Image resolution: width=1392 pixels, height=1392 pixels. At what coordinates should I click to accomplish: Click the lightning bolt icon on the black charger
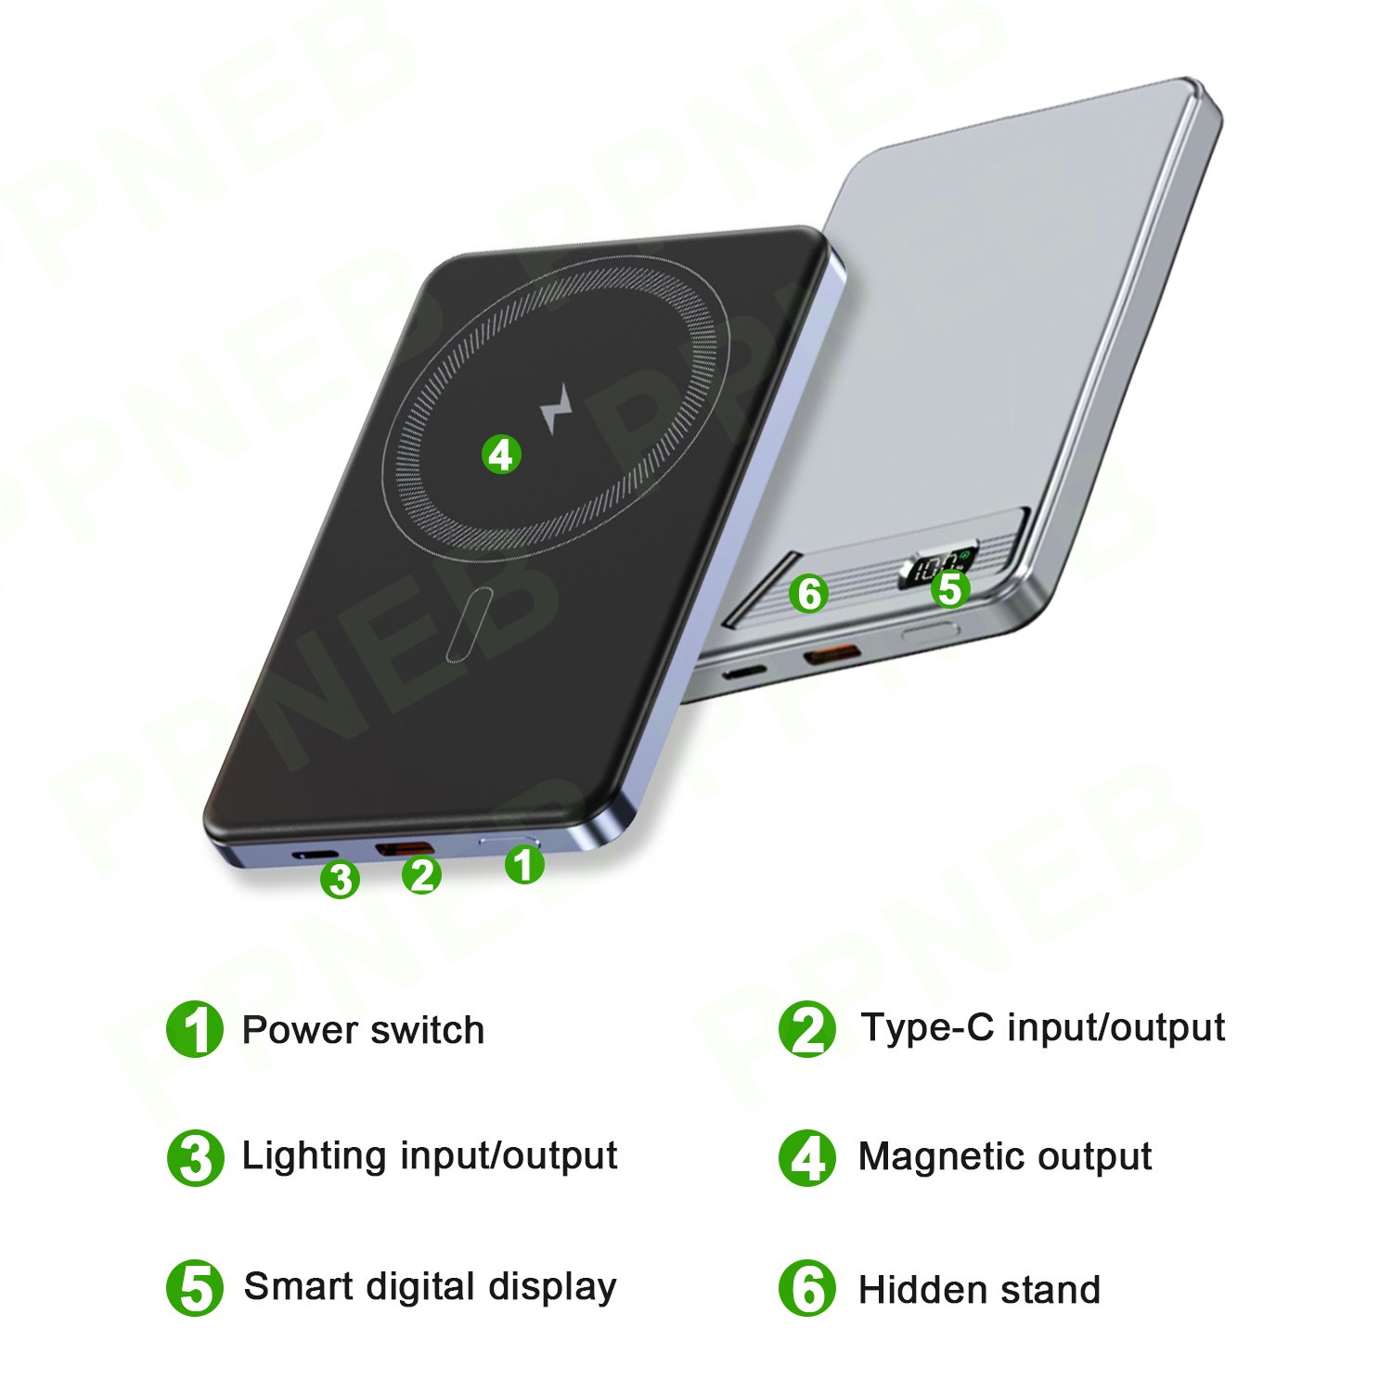point(556,408)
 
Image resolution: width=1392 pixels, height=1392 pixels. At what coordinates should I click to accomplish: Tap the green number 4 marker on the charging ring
point(501,455)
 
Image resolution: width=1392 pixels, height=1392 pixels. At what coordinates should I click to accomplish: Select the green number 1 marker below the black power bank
point(524,864)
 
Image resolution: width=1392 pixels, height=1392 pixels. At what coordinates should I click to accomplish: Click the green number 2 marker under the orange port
point(422,874)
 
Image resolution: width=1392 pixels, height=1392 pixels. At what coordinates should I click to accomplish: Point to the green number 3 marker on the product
point(340,879)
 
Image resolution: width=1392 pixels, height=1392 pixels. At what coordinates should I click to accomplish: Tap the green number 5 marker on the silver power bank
point(950,588)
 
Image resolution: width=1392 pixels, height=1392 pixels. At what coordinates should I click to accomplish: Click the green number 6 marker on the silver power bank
point(809,594)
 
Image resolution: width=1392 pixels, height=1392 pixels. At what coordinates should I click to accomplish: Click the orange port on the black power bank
point(404,848)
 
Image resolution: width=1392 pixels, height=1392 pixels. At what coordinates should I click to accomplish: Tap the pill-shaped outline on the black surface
point(470,625)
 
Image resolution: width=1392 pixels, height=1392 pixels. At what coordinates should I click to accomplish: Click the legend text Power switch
point(363,1030)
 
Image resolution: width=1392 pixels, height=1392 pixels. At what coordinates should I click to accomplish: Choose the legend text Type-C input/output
point(1043,1028)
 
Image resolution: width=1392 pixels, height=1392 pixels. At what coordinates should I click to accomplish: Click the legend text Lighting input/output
point(430,1156)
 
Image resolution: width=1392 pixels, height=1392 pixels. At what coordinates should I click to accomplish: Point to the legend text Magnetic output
point(1005,1157)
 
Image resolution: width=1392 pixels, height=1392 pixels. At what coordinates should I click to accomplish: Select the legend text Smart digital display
point(430,1288)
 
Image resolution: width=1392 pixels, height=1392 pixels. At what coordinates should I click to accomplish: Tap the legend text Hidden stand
point(980,1290)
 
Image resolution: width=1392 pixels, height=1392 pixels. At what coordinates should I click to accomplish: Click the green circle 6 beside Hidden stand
point(807,1288)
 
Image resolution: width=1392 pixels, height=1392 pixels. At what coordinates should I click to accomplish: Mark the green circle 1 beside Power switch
point(195,1029)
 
